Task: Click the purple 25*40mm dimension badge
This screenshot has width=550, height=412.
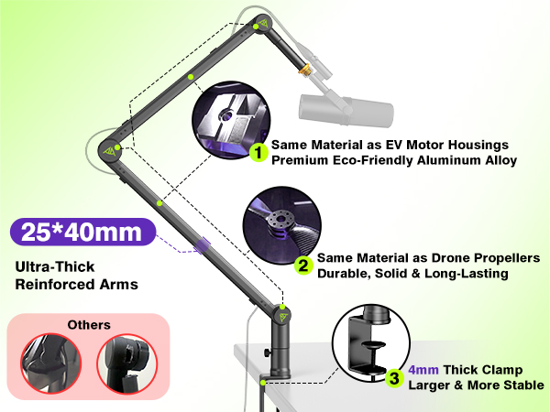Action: pyautogui.click(x=82, y=232)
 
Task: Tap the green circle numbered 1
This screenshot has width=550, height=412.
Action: pyautogui.click(x=258, y=153)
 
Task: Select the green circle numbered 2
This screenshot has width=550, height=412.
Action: pyautogui.click(x=303, y=266)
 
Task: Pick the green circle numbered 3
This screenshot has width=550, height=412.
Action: pyautogui.click(x=394, y=378)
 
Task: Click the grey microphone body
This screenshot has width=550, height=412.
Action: pyautogui.click(x=346, y=109)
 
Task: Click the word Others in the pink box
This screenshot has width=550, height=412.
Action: pyautogui.click(x=89, y=325)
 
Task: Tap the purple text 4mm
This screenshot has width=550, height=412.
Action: pyautogui.click(x=423, y=370)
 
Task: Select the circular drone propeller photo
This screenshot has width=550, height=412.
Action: pyautogui.click(x=281, y=225)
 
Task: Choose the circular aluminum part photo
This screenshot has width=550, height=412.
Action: pyautogui.click(x=232, y=120)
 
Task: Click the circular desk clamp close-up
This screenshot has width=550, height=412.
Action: pyautogui.click(x=371, y=343)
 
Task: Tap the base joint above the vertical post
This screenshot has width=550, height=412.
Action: pyautogui.click(x=281, y=314)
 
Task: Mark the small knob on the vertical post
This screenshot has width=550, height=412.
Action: pyautogui.click(x=268, y=352)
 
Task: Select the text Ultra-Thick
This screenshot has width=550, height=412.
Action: pyautogui.click(x=55, y=266)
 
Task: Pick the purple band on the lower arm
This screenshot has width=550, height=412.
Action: pyautogui.click(x=203, y=244)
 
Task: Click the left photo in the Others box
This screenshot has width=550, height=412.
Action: pyautogui.click(x=50, y=363)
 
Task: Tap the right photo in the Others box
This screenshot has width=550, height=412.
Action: pyautogui.click(x=127, y=363)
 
